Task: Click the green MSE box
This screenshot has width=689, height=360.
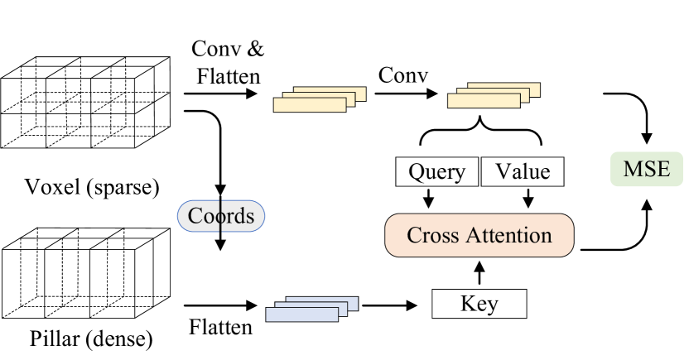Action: (646, 170)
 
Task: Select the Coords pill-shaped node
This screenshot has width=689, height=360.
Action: (221, 216)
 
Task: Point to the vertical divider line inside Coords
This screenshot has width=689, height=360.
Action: (220, 216)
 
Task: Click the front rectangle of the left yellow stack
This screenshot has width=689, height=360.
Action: (308, 105)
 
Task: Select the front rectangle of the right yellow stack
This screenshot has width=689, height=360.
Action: (483, 101)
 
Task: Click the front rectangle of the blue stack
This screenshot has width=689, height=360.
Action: (301, 314)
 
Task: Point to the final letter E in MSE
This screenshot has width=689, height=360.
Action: (662, 170)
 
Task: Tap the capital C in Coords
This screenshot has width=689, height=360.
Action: (195, 216)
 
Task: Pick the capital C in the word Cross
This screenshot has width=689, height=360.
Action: (413, 235)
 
